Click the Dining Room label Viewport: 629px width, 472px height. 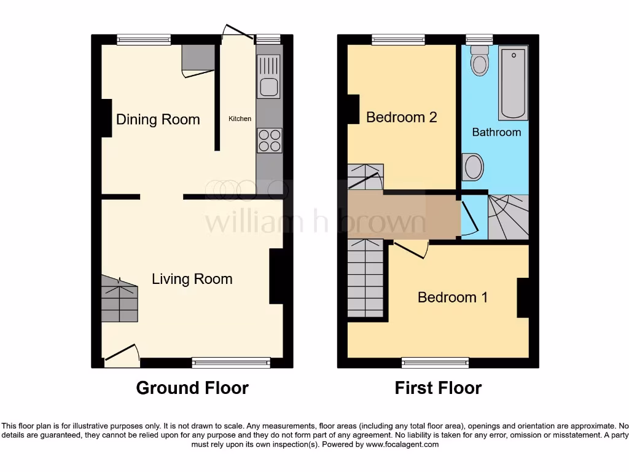click(x=158, y=119)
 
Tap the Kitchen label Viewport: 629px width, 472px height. click(x=240, y=119)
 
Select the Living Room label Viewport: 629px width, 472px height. click(x=192, y=279)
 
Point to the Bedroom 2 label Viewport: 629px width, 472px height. click(x=401, y=117)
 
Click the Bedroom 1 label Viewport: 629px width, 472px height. click(x=453, y=297)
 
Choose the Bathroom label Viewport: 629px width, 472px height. click(x=496, y=132)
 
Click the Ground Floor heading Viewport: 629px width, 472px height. click(x=192, y=388)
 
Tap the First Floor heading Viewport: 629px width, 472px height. click(x=438, y=388)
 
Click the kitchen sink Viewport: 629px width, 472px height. click(x=269, y=76)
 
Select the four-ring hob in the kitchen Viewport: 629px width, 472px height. click(x=269, y=140)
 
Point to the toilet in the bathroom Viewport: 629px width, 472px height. click(x=479, y=60)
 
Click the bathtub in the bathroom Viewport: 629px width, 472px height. click(x=513, y=83)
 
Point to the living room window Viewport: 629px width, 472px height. click(x=231, y=363)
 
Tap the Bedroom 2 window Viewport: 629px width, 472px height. click(x=398, y=39)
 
